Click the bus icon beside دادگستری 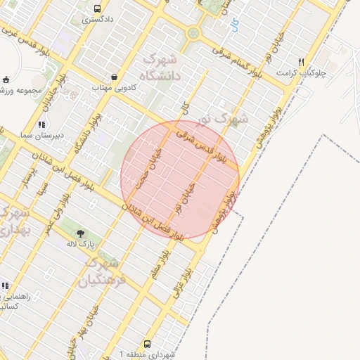96,8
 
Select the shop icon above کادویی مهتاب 114,77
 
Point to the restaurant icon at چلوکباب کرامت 301,62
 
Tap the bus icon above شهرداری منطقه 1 148,345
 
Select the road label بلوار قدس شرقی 201,145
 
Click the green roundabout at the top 193,33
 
